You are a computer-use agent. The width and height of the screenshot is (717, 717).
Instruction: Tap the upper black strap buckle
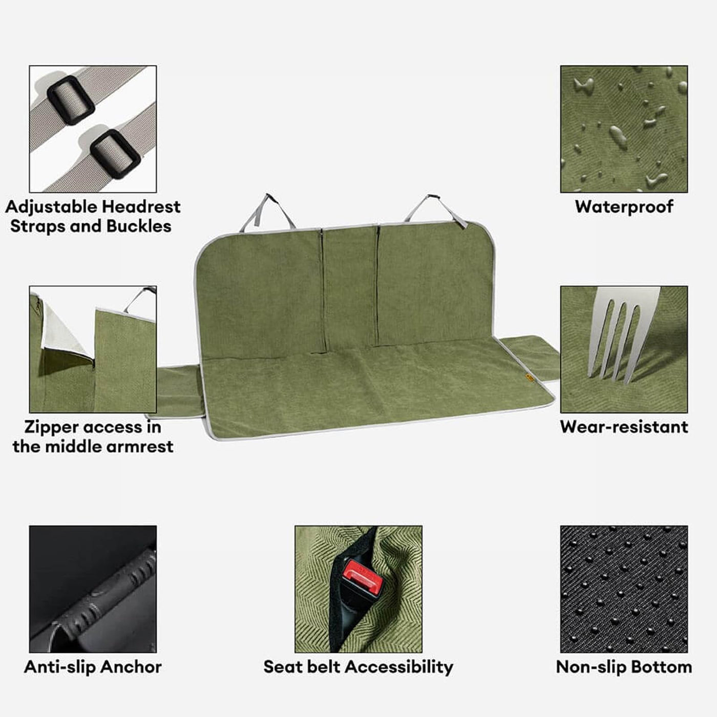tap(71, 100)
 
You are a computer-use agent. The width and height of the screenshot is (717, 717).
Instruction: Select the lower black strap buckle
tap(115, 154)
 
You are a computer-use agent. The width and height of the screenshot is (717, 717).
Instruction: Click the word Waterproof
tap(624, 207)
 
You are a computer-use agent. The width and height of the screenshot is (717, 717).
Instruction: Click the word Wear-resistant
tap(624, 427)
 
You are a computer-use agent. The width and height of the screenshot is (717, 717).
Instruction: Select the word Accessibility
tap(399, 667)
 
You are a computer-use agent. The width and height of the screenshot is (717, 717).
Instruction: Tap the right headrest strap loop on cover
tap(435, 210)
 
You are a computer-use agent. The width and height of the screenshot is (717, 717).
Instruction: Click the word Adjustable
tap(52, 207)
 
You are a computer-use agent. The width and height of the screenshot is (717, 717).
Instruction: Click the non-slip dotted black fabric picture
tap(624, 589)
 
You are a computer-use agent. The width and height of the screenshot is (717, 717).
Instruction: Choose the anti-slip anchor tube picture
tap(93, 589)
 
